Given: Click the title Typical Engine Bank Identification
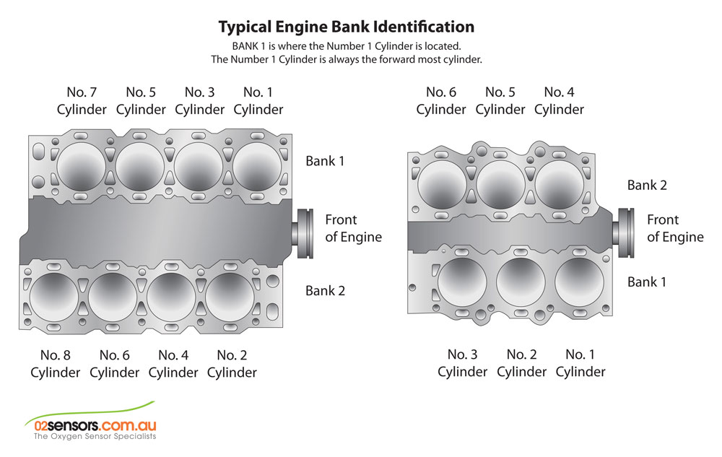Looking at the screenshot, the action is click(347, 27).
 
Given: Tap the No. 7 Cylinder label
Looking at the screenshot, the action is click(82, 101).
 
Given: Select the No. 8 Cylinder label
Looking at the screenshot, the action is click(56, 364).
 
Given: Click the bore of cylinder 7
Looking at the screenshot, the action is click(81, 167).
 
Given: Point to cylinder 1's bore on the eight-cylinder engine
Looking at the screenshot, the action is click(258, 167).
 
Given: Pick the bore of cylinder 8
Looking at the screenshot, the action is click(54, 297).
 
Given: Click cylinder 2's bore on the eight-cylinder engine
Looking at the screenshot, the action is click(230, 297).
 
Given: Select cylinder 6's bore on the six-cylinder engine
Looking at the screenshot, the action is click(442, 185).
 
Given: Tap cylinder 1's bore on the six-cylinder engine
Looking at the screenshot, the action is click(579, 282).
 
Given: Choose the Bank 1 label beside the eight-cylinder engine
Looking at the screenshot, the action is click(325, 161).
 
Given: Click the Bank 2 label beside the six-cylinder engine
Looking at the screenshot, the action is click(647, 185).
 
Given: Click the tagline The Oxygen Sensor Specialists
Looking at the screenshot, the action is click(95, 436).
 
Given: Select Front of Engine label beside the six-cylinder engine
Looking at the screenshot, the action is click(675, 228).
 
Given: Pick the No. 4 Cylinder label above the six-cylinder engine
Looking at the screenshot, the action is click(559, 101).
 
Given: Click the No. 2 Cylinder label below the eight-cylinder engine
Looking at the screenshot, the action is click(232, 364).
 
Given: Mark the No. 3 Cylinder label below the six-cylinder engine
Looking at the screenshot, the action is click(462, 363).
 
